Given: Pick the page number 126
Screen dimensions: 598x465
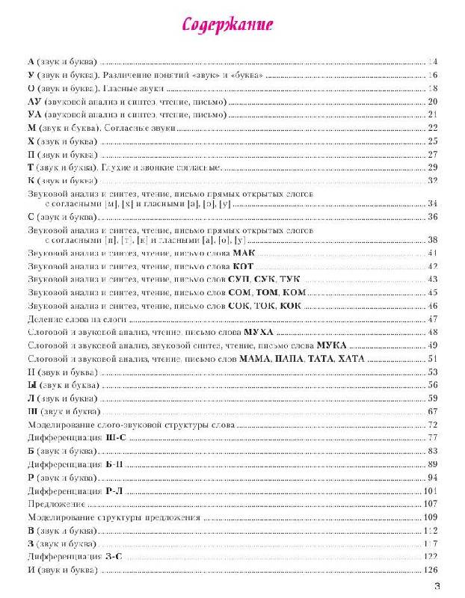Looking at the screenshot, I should point(428,570).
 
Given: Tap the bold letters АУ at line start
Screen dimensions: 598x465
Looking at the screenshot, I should point(33,102).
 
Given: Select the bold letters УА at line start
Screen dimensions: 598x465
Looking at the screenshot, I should point(33,114).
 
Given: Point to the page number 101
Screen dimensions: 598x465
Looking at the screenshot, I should point(429,491).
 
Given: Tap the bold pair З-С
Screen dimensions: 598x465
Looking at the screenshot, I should point(114,557).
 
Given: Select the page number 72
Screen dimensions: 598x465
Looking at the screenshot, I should point(431,424).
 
